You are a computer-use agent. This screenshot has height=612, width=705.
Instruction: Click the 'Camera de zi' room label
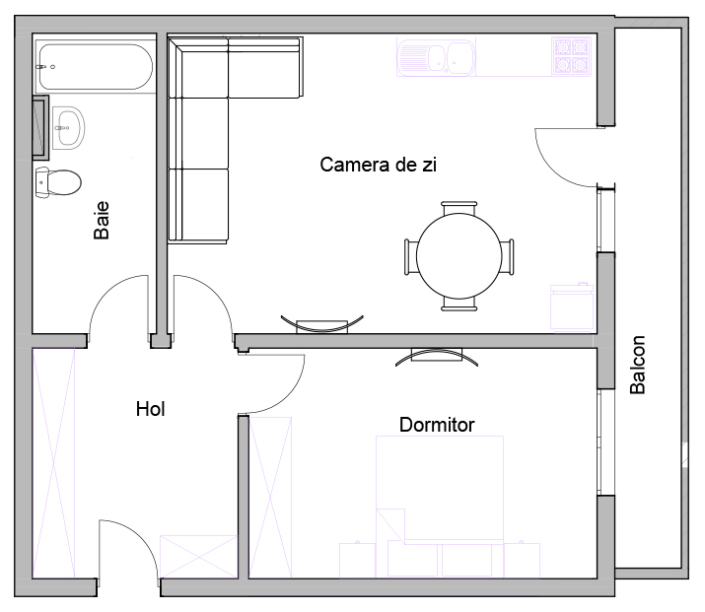click(378, 165)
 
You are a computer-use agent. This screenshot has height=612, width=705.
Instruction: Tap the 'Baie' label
click(102, 220)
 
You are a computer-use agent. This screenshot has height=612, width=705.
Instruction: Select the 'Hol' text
click(150, 409)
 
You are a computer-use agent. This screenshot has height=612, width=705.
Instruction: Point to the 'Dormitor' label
click(437, 425)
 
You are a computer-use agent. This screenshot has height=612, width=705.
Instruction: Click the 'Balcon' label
click(638, 365)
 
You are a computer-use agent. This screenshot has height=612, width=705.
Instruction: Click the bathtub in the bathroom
click(95, 66)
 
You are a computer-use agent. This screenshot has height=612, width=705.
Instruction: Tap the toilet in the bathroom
click(58, 182)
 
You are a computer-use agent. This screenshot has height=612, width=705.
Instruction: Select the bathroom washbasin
click(68, 127)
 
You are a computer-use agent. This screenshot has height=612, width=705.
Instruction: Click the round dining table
click(459, 256)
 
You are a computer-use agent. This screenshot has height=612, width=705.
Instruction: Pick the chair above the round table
click(458, 208)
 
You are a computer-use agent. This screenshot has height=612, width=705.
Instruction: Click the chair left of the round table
click(411, 256)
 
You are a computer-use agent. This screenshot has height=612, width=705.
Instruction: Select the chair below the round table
click(459, 305)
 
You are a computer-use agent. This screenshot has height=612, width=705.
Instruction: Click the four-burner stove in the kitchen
click(571, 56)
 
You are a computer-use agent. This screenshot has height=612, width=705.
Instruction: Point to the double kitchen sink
click(436, 57)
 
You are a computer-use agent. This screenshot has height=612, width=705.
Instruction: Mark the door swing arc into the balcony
click(554, 170)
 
